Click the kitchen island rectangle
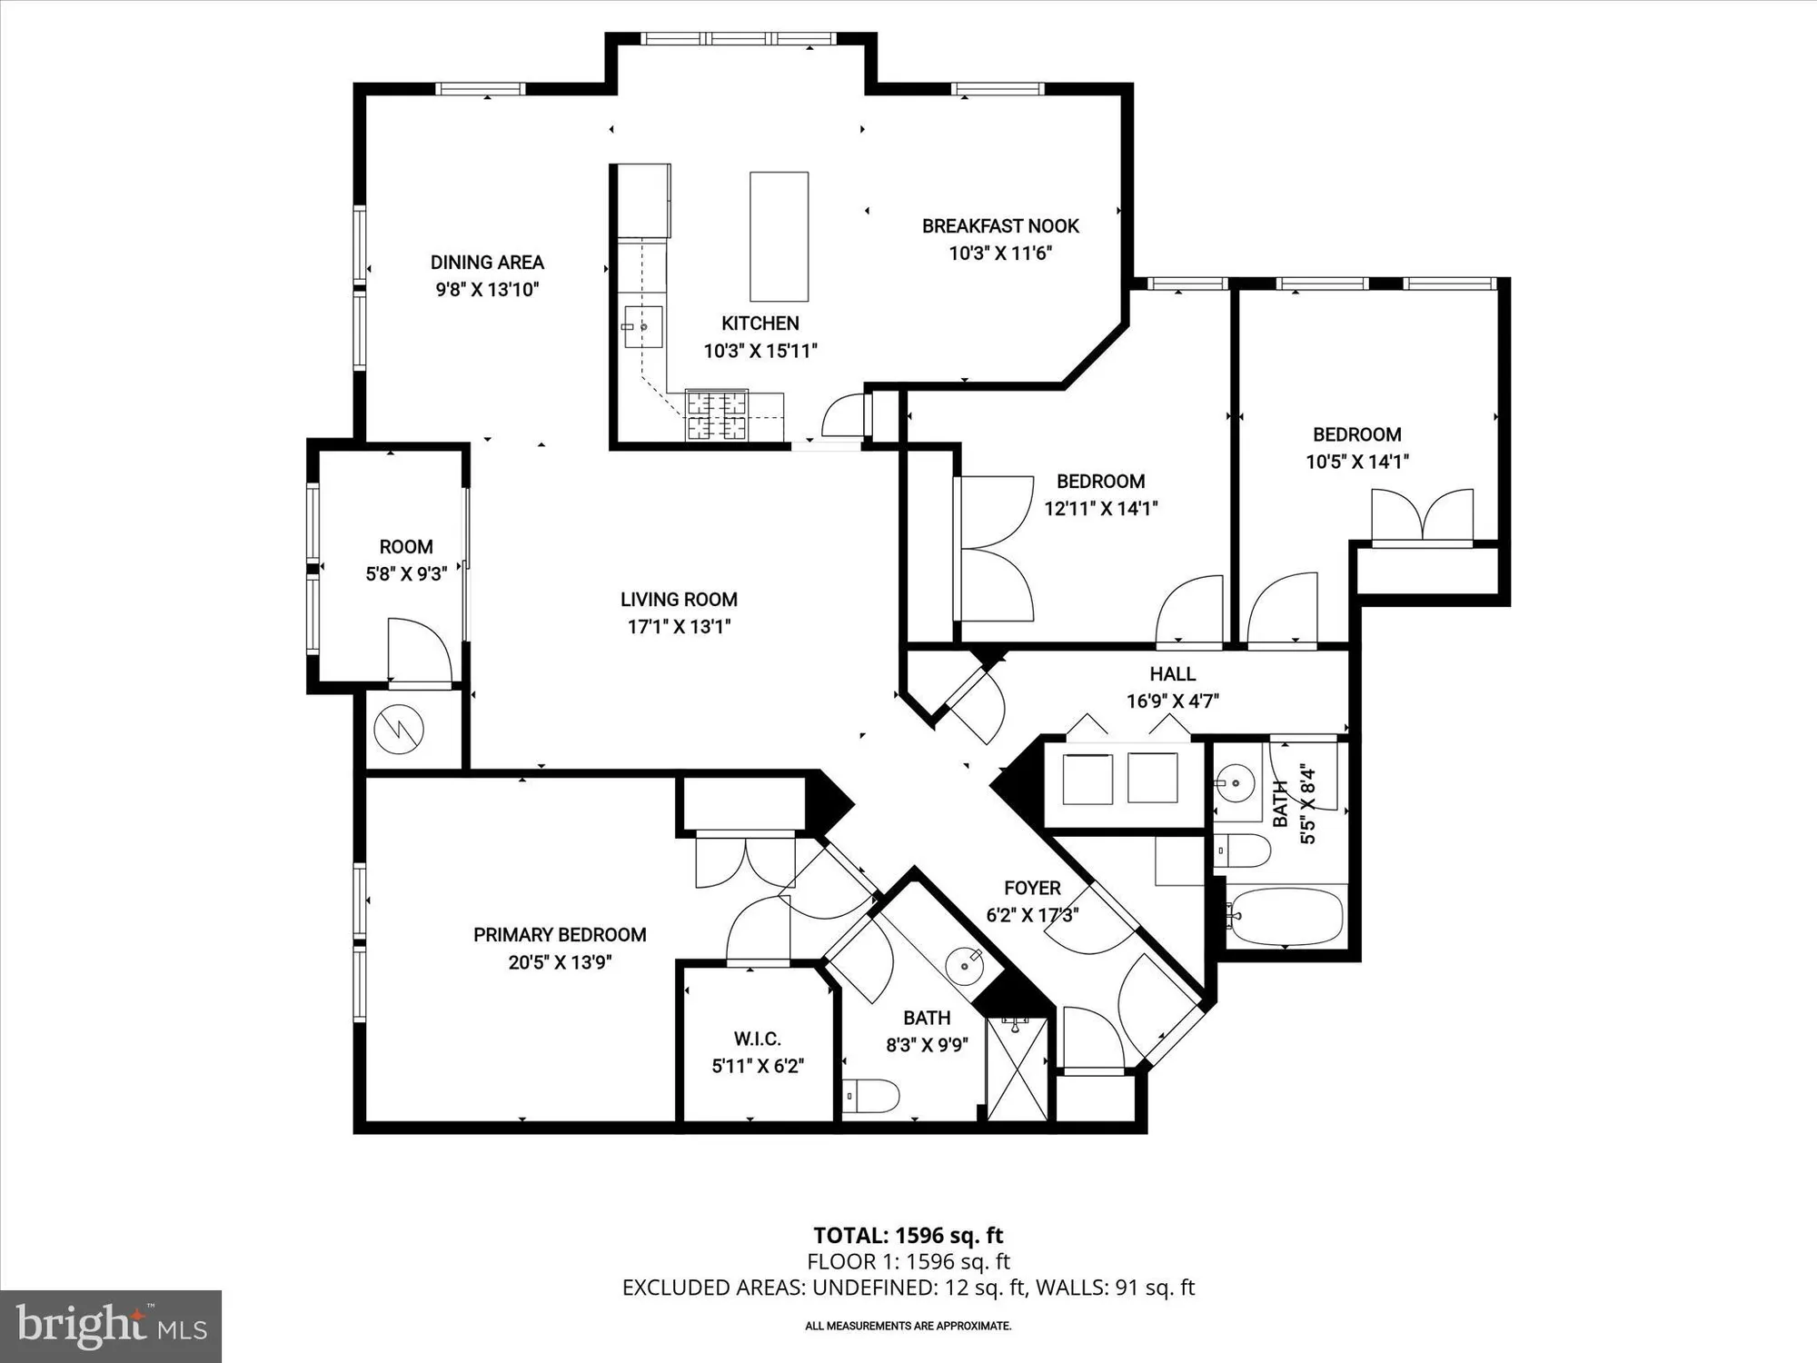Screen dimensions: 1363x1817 click(x=779, y=236)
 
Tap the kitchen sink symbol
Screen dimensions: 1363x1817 click(x=642, y=327)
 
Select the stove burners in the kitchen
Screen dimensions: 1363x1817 click(x=717, y=415)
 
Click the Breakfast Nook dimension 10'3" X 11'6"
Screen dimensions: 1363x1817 click(x=999, y=254)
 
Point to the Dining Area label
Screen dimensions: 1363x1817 click(x=487, y=263)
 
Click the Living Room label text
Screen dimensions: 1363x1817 click(x=679, y=600)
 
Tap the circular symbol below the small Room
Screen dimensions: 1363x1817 click(x=399, y=729)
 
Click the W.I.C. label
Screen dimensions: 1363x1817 click(x=757, y=1039)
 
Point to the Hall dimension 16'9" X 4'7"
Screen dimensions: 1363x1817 click(x=1172, y=701)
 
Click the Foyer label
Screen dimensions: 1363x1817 click(x=1032, y=888)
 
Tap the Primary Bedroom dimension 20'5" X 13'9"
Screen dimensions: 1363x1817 click(x=560, y=962)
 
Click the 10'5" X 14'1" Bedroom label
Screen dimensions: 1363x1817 click(x=1356, y=434)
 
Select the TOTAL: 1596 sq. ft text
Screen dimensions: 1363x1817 click(x=908, y=1235)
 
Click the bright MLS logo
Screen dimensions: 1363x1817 click(x=111, y=1326)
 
